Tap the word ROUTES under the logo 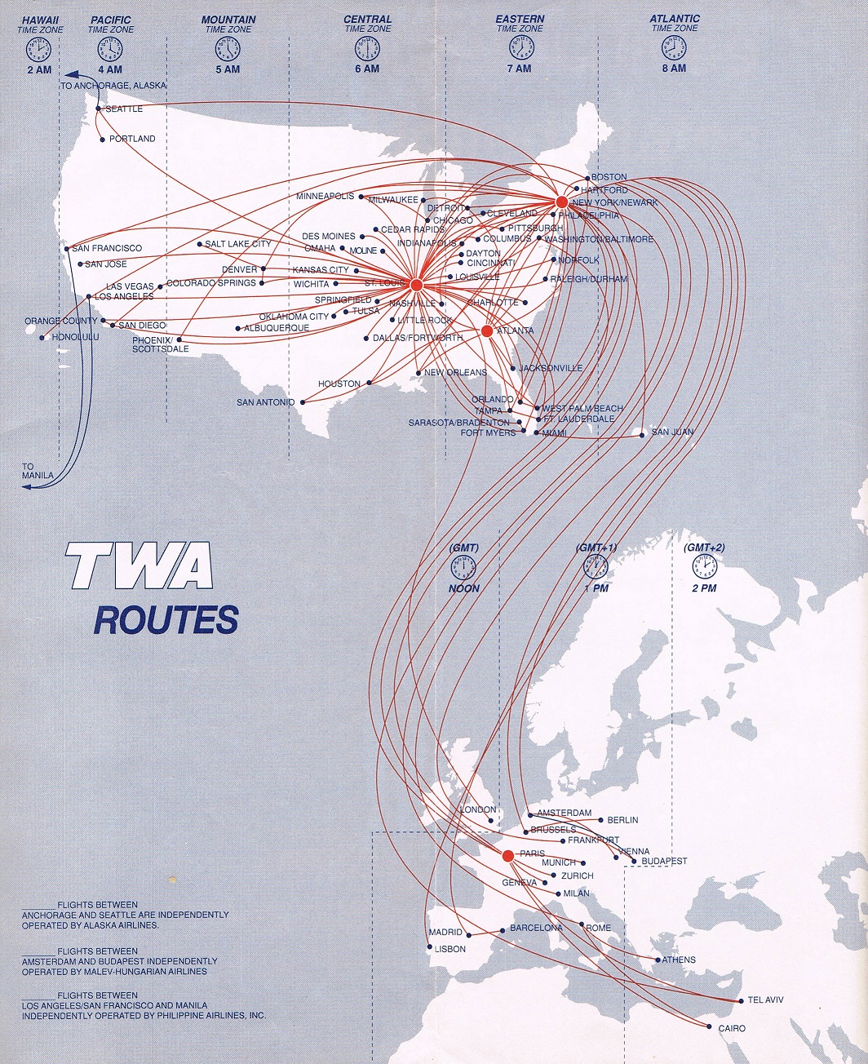click(x=166, y=619)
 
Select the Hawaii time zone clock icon click(x=38, y=50)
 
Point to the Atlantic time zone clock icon click(x=674, y=50)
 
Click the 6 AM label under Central click(x=367, y=69)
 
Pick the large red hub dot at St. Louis click(x=416, y=285)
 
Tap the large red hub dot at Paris click(x=507, y=856)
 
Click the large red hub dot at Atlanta click(x=487, y=331)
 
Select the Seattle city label click(x=124, y=109)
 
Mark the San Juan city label click(x=672, y=432)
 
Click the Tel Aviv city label click(x=765, y=1000)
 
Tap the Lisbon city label click(x=450, y=949)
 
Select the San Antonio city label click(x=265, y=402)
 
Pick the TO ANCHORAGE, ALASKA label click(x=113, y=86)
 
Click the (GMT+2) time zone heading click(x=704, y=548)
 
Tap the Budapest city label click(x=664, y=862)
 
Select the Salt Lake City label click(x=238, y=244)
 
